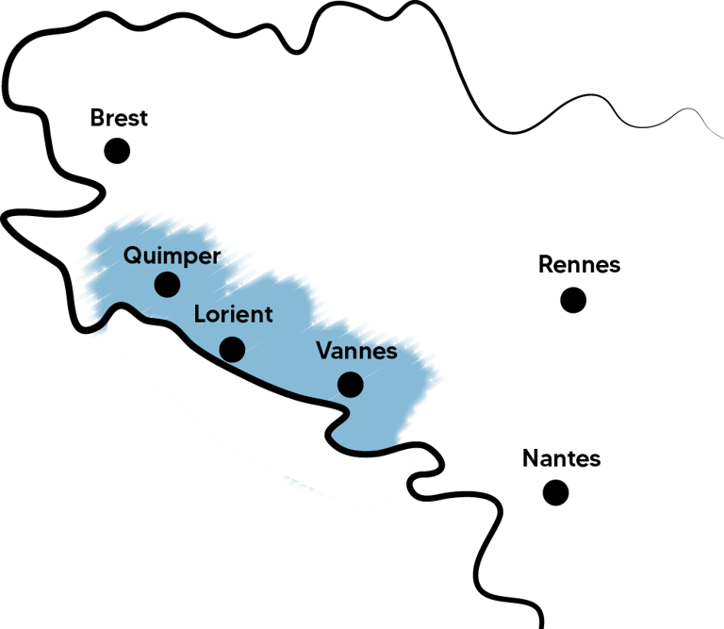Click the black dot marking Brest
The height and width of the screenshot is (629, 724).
(x=117, y=150)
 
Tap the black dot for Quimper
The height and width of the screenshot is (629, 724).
(x=168, y=284)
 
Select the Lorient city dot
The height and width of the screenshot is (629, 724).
(x=232, y=350)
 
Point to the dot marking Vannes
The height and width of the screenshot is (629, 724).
(x=350, y=384)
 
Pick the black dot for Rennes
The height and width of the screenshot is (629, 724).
(x=573, y=300)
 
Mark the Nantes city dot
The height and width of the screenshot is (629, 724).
(x=556, y=491)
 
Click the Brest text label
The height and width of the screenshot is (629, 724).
(x=119, y=119)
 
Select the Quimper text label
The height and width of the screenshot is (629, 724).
(x=173, y=257)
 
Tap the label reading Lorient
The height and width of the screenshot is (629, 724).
(x=233, y=315)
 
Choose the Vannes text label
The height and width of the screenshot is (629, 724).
(x=357, y=351)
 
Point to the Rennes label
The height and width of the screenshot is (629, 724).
(x=579, y=265)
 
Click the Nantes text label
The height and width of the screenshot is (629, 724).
(x=561, y=459)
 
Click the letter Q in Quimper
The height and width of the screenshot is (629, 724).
(x=133, y=256)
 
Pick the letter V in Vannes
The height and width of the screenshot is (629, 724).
(x=323, y=351)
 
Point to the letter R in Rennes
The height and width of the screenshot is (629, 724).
(x=546, y=265)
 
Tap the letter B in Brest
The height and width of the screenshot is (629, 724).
(x=96, y=119)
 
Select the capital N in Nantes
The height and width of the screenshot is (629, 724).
(x=530, y=459)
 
